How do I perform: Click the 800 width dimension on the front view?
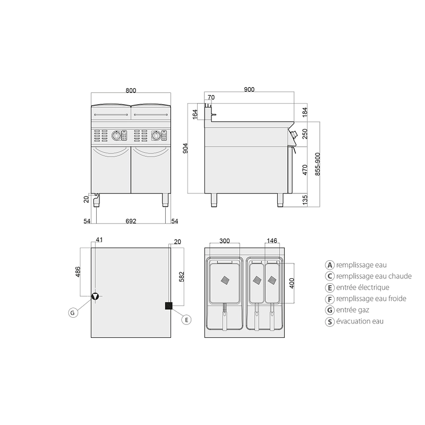(x=131, y=90)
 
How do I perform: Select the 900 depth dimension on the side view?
(x=249, y=89)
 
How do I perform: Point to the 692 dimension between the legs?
(x=131, y=221)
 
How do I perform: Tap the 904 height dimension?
(x=185, y=148)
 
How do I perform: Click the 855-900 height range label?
(x=318, y=164)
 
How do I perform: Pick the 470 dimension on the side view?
(x=305, y=170)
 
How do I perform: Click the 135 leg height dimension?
(x=305, y=200)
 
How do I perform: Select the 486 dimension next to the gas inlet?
(x=78, y=272)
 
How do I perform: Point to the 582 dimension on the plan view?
(x=182, y=277)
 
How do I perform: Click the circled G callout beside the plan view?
(x=73, y=313)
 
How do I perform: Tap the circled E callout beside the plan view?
(x=186, y=320)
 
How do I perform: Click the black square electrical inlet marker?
(x=168, y=306)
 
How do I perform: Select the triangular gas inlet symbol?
(x=95, y=296)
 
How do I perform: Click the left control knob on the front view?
(x=116, y=135)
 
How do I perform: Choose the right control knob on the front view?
(x=156, y=135)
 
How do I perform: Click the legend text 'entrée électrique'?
(x=363, y=287)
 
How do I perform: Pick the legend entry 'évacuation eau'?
(x=360, y=321)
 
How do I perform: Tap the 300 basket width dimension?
(x=224, y=241)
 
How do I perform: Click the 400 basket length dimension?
(x=292, y=283)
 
